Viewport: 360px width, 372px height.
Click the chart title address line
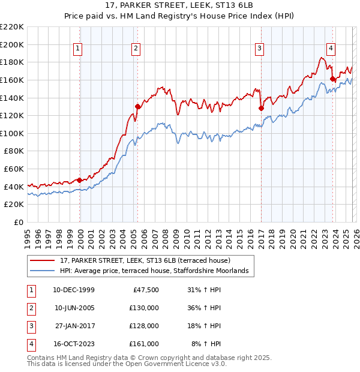pyautogui.click(x=179, y=7)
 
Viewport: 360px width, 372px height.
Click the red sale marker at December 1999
pyautogui.click(x=79, y=180)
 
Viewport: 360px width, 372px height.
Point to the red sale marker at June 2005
pyautogui.click(x=137, y=107)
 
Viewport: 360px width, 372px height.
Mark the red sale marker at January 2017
pyautogui.click(x=261, y=109)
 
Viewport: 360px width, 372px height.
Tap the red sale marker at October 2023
pyautogui.click(x=332, y=79)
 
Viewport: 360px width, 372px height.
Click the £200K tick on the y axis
pyautogui.click(x=12, y=44)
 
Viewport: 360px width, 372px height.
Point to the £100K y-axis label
pyautogui.click(x=12, y=133)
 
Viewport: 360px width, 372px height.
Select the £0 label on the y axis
pyautogui.click(x=18, y=222)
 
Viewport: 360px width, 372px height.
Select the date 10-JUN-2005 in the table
pyautogui.click(x=74, y=308)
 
